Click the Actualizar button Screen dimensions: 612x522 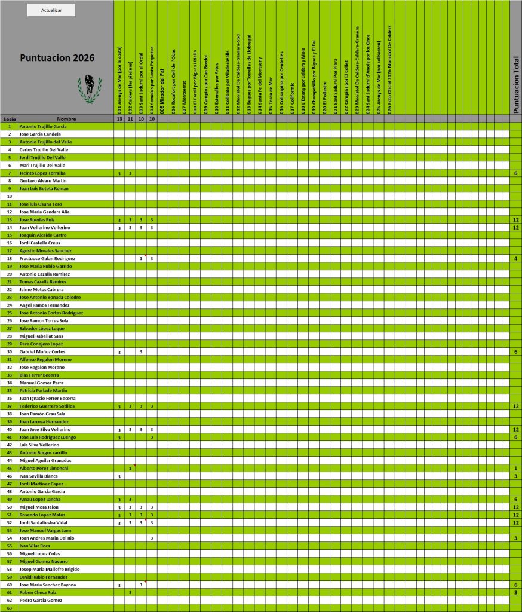pyautogui.click(x=51, y=10)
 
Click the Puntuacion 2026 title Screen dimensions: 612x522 pyautogui.click(x=57, y=58)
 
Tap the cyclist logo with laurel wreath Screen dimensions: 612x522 pyautogui.click(x=89, y=88)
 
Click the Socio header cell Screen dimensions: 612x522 pyautogui.click(x=10, y=119)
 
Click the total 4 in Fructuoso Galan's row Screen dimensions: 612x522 pyautogui.click(x=515, y=258)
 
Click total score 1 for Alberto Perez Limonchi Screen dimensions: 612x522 pyautogui.click(x=515, y=468)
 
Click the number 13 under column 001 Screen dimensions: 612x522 pyautogui.click(x=119, y=119)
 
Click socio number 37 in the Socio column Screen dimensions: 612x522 pyautogui.click(x=10, y=406)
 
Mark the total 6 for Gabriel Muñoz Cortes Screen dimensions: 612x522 pyautogui.click(x=515, y=352)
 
